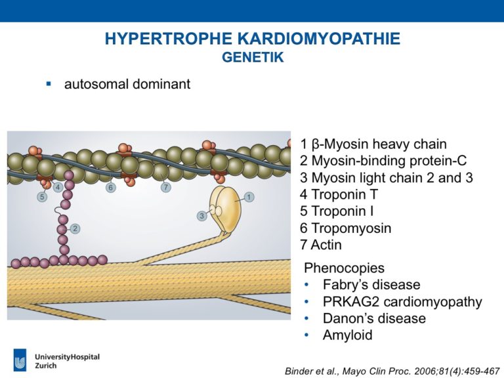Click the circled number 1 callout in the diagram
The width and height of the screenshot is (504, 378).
(x=249, y=197)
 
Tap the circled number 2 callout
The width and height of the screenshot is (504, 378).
(x=75, y=228)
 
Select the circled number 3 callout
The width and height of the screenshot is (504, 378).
(x=202, y=216)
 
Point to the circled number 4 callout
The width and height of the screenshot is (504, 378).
(x=58, y=187)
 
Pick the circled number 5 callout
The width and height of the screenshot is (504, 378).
(x=42, y=196)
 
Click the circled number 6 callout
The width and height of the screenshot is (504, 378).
(x=111, y=188)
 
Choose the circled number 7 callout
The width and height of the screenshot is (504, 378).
(x=166, y=187)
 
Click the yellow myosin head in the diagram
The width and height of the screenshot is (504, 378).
(x=225, y=209)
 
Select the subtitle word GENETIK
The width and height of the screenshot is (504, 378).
(x=253, y=57)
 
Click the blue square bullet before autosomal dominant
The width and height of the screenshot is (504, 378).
(x=49, y=84)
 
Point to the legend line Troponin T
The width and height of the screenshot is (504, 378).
(x=339, y=194)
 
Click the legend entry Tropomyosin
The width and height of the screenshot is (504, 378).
(x=346, y=228)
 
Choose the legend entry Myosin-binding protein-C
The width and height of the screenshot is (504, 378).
(x=383, y=160)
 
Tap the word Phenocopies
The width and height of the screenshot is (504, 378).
(x=344, y=268)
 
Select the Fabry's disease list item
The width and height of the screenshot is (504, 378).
(x=371, y=285)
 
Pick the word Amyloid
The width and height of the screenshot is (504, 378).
(x=347, y=335)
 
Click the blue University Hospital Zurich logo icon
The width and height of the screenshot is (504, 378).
(x=20, y=360)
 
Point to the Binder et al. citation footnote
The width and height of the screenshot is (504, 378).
(x=392, y=371)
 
